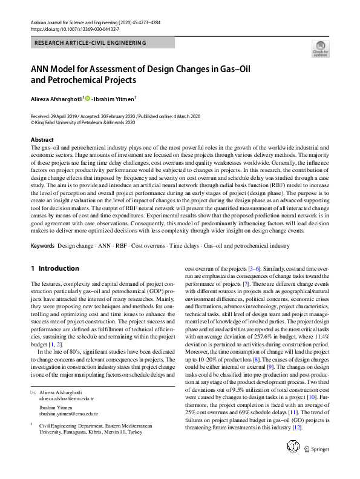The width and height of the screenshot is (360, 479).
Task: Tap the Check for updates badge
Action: [320, 49]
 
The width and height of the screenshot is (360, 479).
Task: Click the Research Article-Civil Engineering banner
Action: [91, 43]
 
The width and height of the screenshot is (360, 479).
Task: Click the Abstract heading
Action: [42, 139]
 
